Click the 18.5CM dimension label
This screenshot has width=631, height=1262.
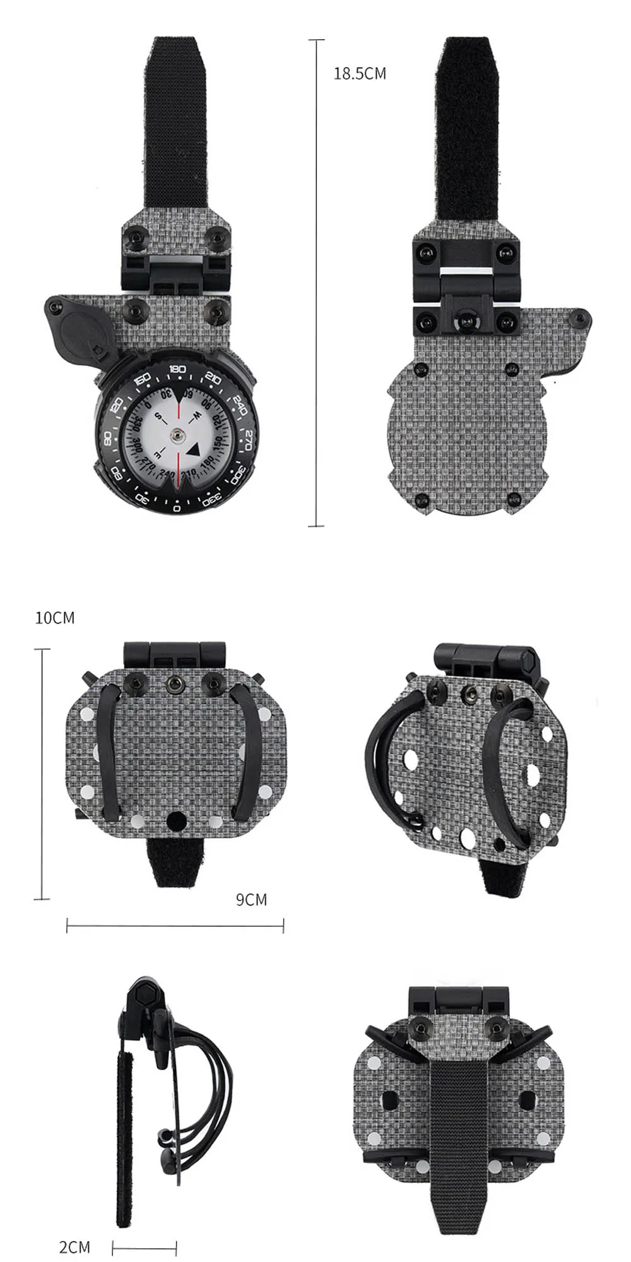point(360,74)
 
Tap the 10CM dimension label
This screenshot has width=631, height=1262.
point(55,618)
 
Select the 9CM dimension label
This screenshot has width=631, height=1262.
point(252,899)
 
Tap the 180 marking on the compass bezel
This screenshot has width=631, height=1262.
point(177,370)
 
